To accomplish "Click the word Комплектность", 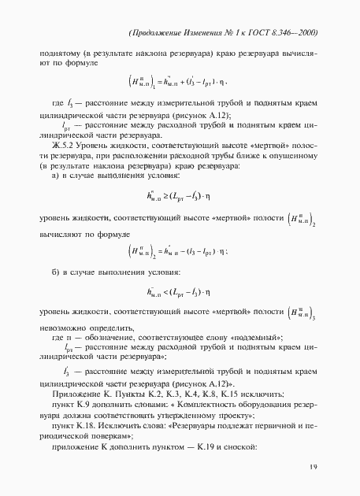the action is pos(195,402).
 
